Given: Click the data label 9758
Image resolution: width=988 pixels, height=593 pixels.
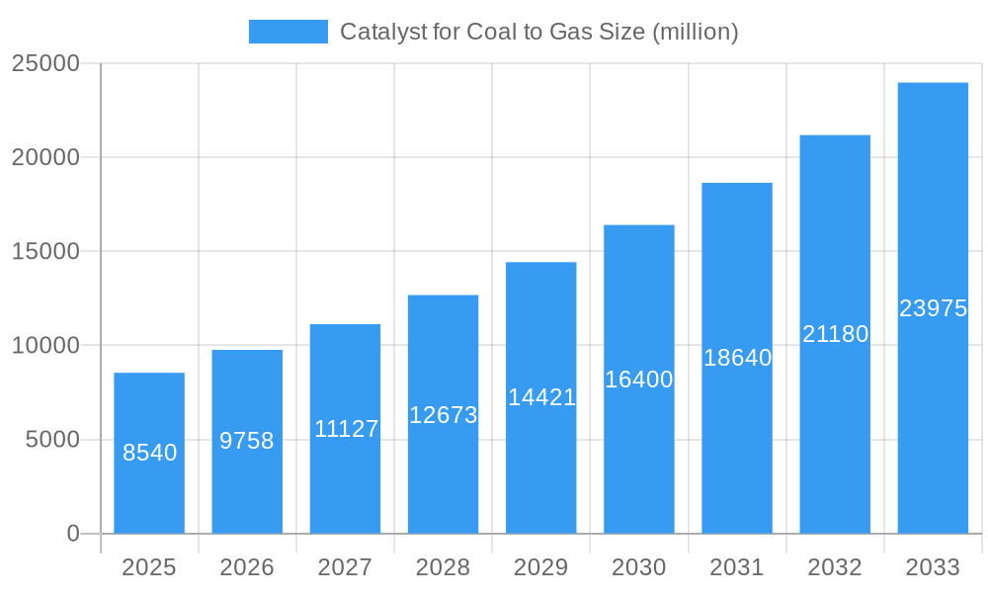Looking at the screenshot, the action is [247, 441].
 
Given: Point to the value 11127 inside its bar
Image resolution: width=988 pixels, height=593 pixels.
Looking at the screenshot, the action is [346, 429].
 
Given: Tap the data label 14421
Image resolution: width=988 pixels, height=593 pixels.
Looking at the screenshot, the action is [541, 397].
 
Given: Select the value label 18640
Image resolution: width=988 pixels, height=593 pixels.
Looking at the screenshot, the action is [737, 358].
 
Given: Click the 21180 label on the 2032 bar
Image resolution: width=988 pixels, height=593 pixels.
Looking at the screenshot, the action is [835, 334].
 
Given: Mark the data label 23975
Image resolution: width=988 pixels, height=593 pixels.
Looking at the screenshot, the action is [933, 308].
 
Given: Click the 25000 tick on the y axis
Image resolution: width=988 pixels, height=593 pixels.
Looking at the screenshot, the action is [45, 63].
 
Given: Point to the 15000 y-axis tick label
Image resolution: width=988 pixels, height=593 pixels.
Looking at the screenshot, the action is [45, 251].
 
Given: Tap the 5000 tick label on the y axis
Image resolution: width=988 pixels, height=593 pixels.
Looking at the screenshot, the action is [52, 440].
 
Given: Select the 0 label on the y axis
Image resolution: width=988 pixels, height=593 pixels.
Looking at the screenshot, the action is [73, 534].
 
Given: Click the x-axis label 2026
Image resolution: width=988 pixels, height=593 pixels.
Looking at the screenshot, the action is [247, 567].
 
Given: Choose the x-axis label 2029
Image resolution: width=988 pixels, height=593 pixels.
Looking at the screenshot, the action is [541, 567].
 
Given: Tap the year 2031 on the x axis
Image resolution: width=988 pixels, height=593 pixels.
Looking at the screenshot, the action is [737, 567].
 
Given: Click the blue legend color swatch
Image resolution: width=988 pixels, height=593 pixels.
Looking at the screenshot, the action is [288, 32].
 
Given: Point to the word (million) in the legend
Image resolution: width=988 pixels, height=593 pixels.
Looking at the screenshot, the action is [696, 32].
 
